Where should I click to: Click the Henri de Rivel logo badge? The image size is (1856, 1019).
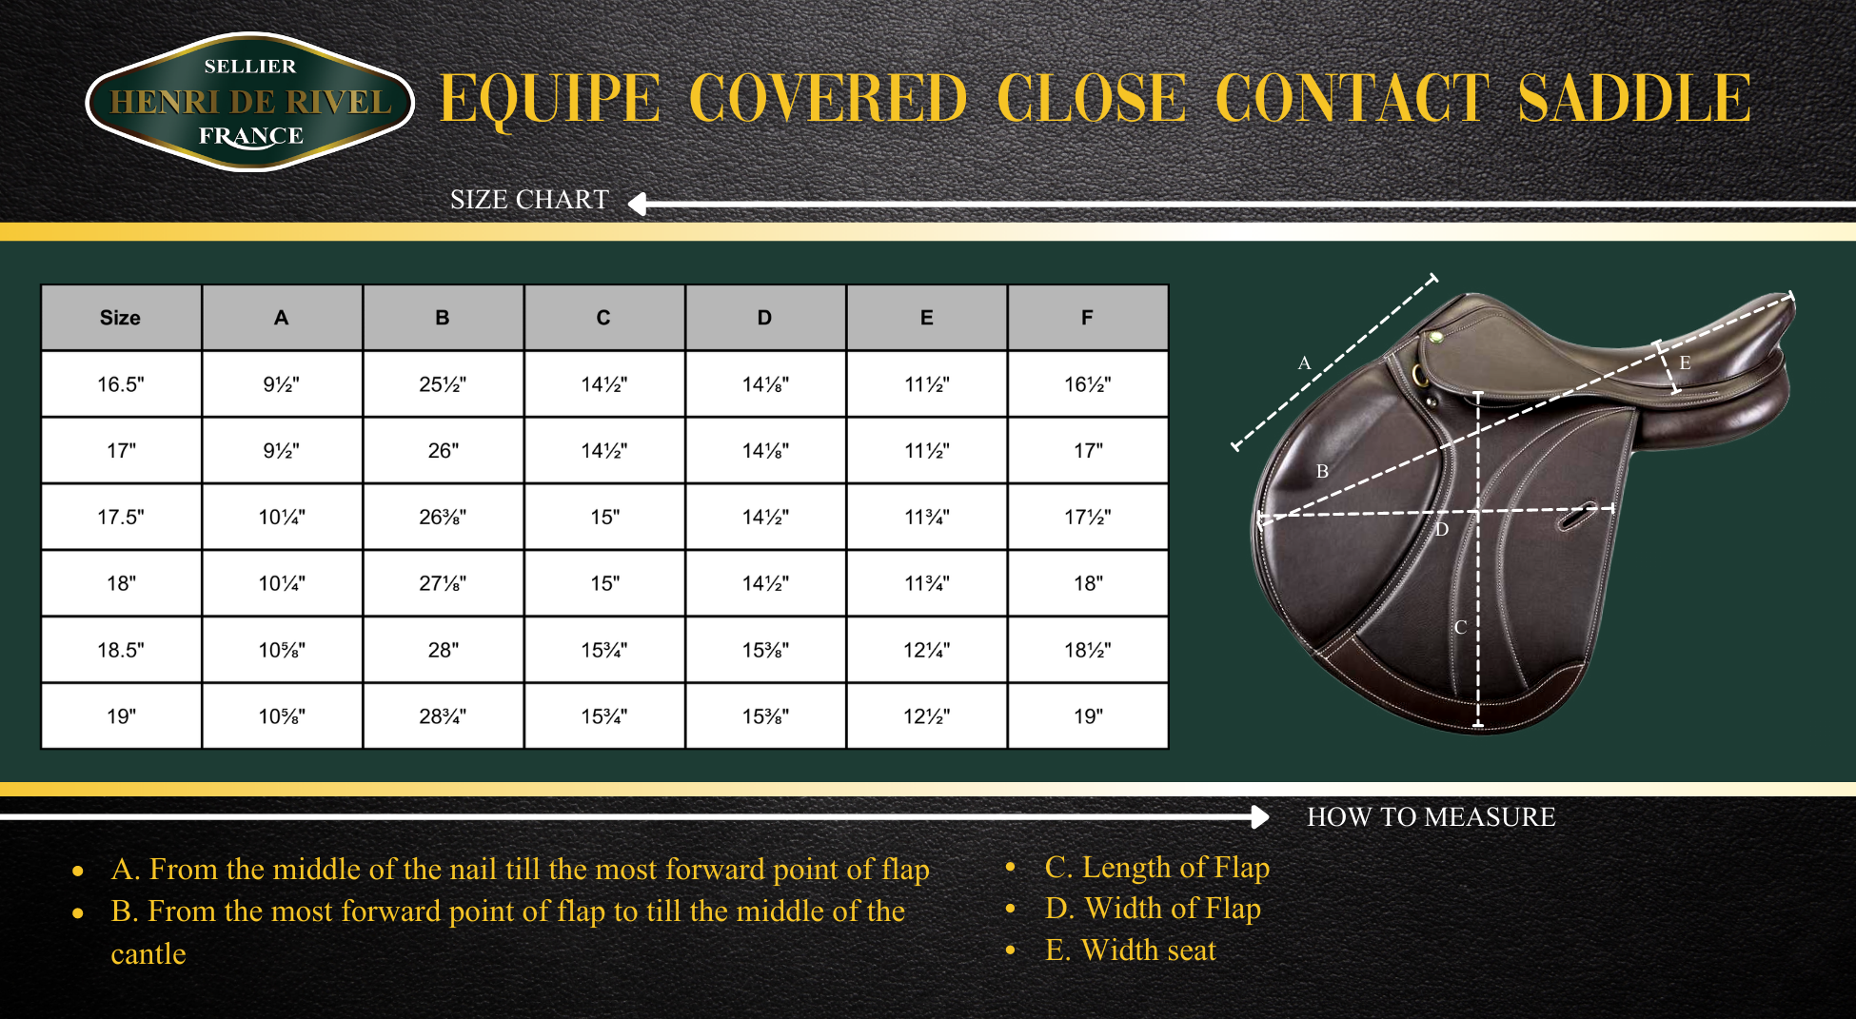pos(250,102)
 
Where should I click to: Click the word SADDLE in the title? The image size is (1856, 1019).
pos(1634,98)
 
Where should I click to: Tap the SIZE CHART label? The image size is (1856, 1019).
pos(529,200)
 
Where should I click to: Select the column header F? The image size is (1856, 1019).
pos(1087,318)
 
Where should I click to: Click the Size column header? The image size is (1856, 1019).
pos(120,318)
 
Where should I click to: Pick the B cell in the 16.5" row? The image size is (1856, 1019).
pos(443,384)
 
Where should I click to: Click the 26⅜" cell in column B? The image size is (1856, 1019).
pos(443,517)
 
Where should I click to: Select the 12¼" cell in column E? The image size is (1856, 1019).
pos(926,650)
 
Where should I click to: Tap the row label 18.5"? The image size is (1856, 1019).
pos(120,650)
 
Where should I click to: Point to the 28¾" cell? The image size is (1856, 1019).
pos(443,716)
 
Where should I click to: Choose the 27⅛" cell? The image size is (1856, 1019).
pos(443,583)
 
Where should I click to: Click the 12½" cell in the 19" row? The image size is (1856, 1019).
pos(926,716)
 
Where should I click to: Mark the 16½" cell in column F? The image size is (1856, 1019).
pos(1087,384)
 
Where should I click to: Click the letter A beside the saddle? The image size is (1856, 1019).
pos(1304,363)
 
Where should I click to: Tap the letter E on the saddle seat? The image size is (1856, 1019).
pos(1685,363)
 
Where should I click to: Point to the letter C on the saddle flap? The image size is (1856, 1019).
pos(1460,627)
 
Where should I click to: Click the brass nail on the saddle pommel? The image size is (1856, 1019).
pos(1435,337)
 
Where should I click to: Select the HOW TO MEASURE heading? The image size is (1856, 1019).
pos(1431,816)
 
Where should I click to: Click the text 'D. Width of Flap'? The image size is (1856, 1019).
pos(1153,909)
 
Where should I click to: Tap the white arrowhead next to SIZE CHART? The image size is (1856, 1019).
pos(638,204)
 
